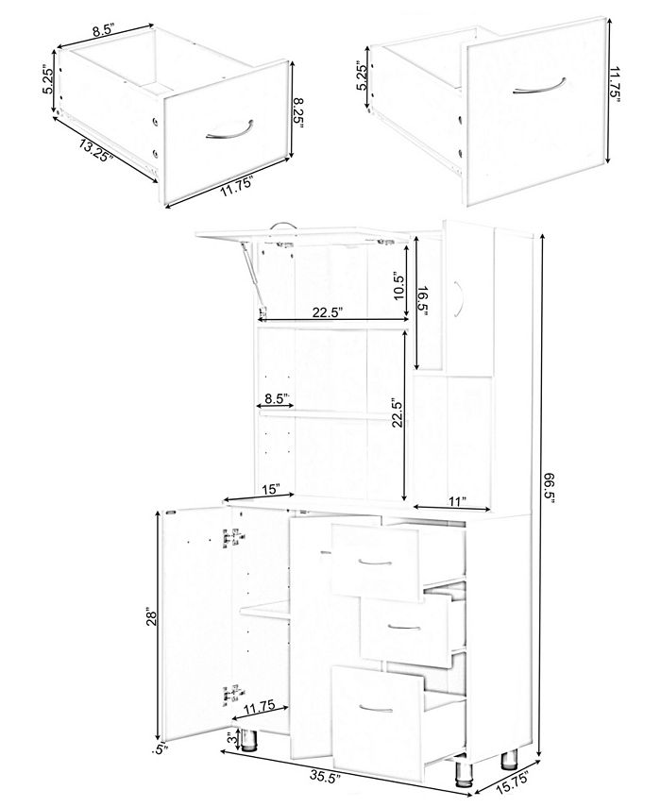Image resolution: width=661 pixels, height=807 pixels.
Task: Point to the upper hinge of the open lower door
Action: tap(227, 538)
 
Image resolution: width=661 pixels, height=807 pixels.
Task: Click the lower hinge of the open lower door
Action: tap(228, 694)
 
